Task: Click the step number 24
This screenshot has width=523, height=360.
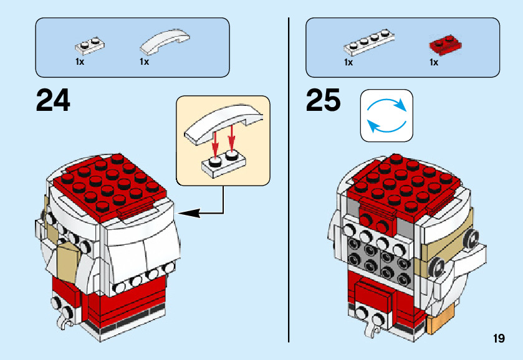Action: [54, 100]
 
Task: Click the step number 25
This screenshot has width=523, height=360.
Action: [323, 100]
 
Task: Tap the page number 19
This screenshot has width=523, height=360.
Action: [498, 339]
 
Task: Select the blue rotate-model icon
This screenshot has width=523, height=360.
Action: [386, 115]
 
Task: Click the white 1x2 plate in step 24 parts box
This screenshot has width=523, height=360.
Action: [89, 45]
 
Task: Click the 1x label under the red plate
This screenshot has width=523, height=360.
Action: [434, 62]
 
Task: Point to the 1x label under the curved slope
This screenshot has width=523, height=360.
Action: [145, 62]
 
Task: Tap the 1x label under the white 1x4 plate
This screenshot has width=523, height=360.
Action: [348, 62]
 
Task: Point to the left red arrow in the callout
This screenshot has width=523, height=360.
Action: [214, 143]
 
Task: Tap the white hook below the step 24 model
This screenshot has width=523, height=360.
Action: [62, 323]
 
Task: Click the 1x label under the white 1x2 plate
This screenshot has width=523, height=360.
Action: [80, 62]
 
